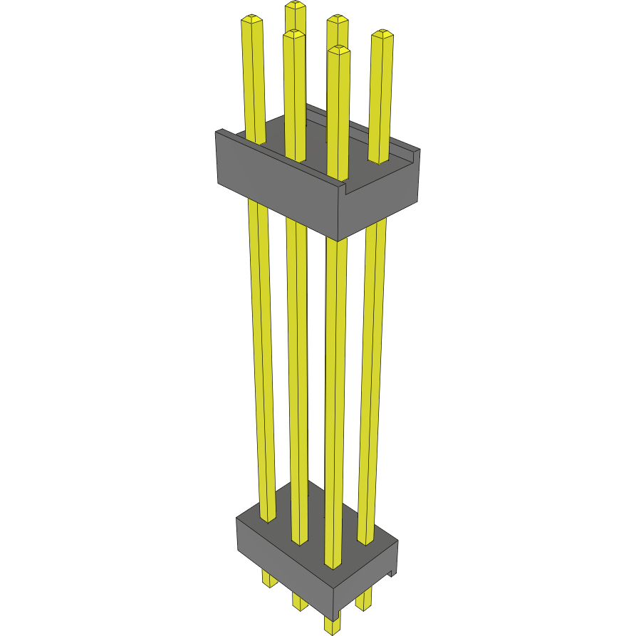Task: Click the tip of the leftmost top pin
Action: (x=251, y=19)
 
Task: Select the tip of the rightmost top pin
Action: (x=382, y=34)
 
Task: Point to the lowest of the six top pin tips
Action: (x=339, y=50)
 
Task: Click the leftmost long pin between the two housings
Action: (x=262, y=356)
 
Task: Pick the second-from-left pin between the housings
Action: (x=298, y=370)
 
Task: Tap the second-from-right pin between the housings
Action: (x=335, y=399)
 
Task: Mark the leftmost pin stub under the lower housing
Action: (x=269, y=579)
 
